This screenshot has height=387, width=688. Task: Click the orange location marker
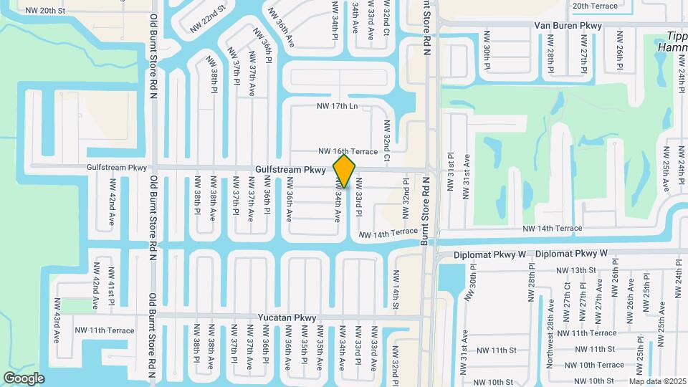(x=345, y=171)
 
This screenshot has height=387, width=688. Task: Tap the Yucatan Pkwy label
(x=287, y=317)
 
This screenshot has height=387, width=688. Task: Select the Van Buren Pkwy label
(x=568, y=26)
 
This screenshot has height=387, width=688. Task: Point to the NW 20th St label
(x=44, y=11)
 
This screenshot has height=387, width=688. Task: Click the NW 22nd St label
(x=208, y=21)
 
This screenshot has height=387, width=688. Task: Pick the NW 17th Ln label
(x=337, y=106)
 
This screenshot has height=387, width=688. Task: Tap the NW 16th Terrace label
(x=348, y=152)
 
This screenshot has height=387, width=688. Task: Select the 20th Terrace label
(x=595, y=6)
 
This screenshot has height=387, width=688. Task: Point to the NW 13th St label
(x=576, y=270)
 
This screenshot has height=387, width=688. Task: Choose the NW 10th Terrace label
(x=591, y=365)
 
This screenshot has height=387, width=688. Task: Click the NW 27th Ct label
(x=567, y=295)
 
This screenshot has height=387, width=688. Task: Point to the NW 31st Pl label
(x=451, y=170)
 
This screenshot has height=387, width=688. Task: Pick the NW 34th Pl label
(x=335, y=19)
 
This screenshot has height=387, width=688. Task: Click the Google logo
(x=24, y=378)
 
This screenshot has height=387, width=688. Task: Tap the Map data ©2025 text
(x=656, y=382)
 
